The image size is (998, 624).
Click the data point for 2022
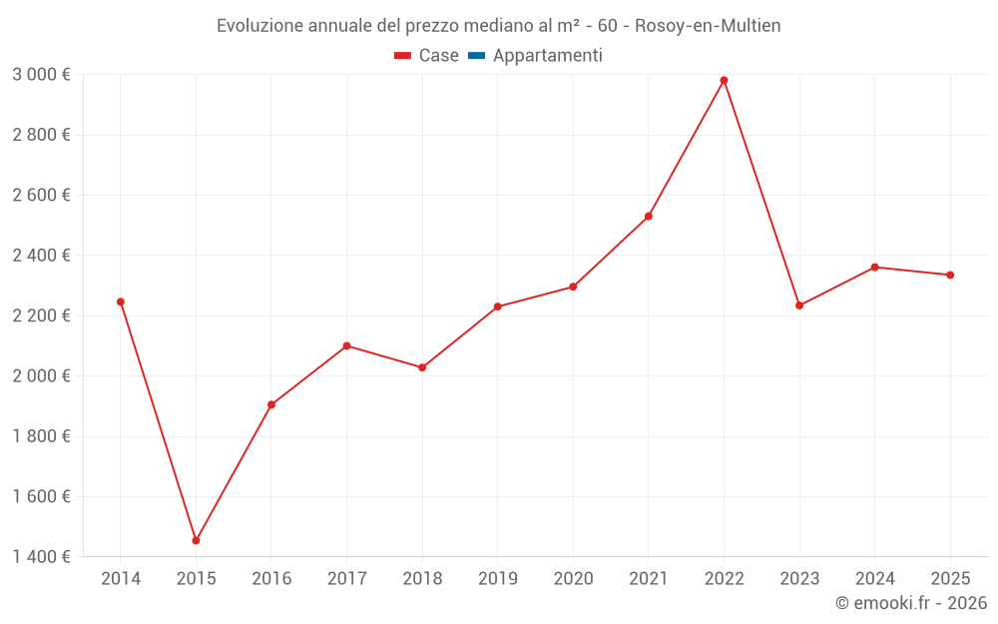(724, 80)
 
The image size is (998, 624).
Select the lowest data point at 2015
(196, 540)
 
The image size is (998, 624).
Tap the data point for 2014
(121, 302)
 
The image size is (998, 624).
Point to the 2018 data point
(422, 367)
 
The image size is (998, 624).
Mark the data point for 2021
(649, 216)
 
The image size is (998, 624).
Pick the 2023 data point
(799, 306)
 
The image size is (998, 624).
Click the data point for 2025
(950, 275)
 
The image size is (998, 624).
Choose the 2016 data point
(271, 404)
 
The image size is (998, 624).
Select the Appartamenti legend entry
(547, 56)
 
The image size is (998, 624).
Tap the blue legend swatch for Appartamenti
(476, 56)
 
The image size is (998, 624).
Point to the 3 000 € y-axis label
(41, 75)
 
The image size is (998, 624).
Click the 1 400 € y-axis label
(41, 557)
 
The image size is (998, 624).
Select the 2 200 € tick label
(41, 315)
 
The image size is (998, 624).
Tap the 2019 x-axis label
(497, 578)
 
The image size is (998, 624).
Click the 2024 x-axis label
(874, 578)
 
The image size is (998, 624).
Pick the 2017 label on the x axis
(346, 578)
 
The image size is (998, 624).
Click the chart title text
(498, 25)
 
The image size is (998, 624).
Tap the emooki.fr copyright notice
(910, 603)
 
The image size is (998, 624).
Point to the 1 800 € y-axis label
(41, 436)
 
